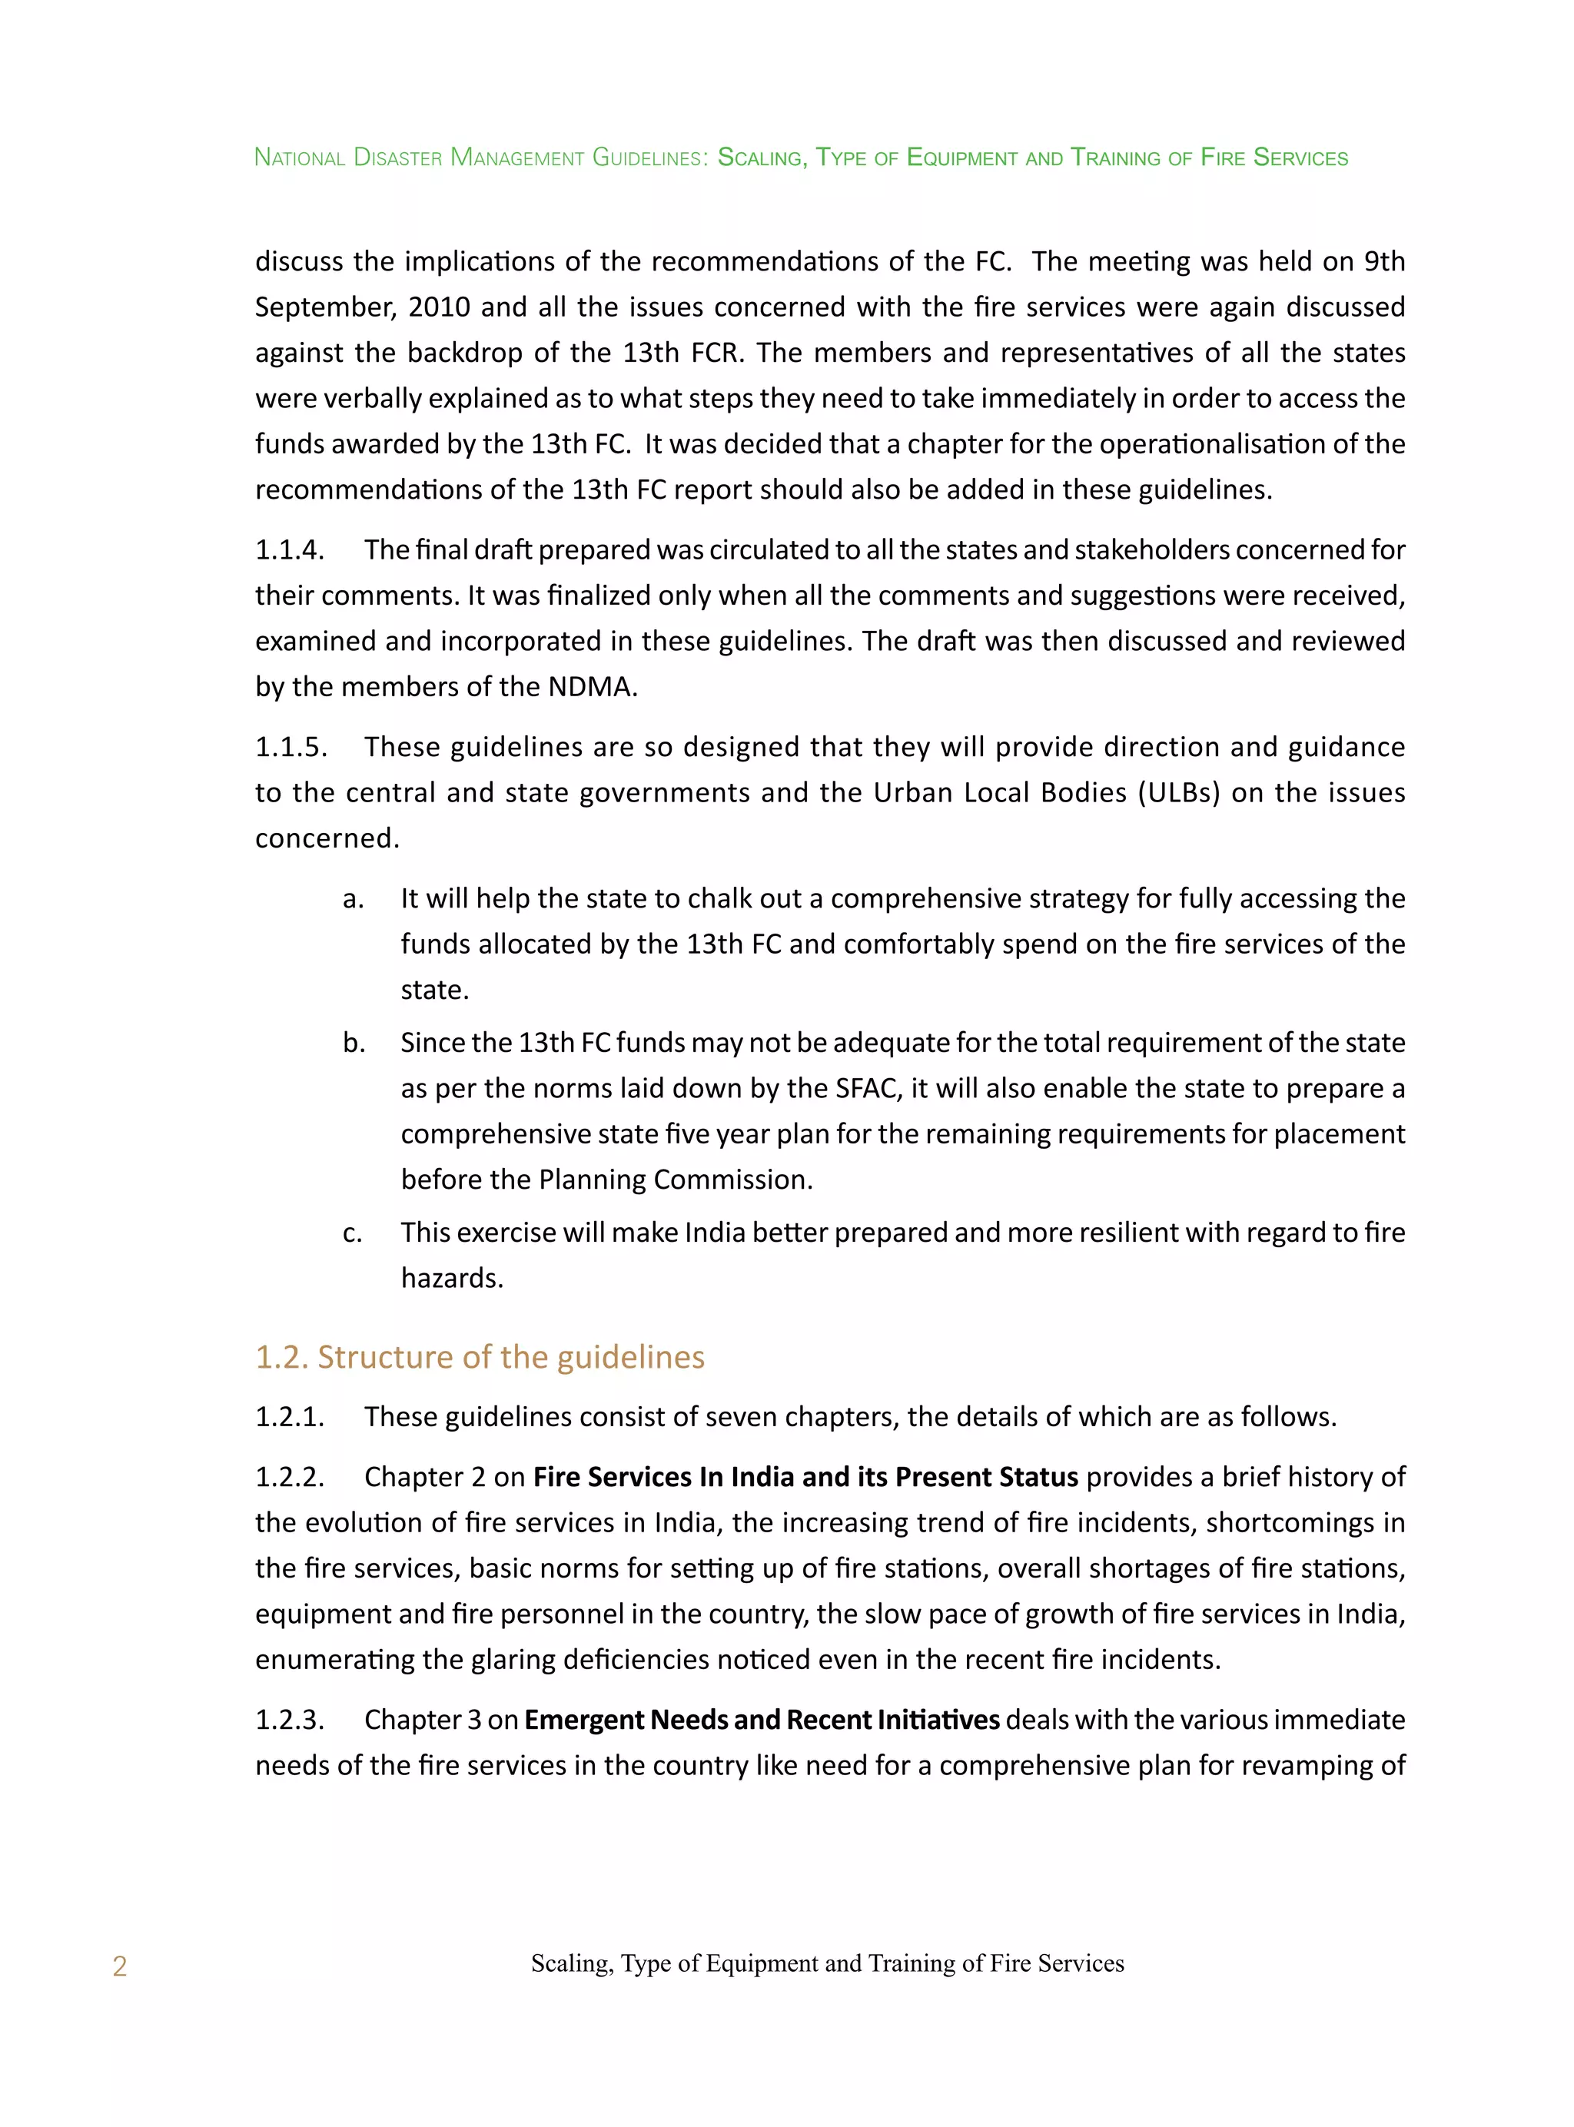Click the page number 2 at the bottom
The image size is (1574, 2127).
click(x=119, y=1966)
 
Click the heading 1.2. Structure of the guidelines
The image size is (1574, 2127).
click(x=480, y=1356)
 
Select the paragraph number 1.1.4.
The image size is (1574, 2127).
click(x=290, y=549)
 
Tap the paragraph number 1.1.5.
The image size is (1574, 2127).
click(x=291, y=747)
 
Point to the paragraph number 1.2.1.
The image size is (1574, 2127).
click(x=290, y=1416)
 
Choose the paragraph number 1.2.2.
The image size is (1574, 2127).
click(x=290, y=1476)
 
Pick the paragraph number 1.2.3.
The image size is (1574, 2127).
click(x=290, y=1719)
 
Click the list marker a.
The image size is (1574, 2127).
click(x=353, y=898)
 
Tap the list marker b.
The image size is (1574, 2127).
click(x=354, y=1043)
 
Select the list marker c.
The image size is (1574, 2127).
click(x=353, y=1233)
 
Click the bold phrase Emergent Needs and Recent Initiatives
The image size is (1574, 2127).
click(x=762, y=1719)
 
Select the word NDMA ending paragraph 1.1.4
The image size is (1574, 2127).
click(x=591, y=687)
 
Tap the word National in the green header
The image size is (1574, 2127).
click(x=299, y=158)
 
